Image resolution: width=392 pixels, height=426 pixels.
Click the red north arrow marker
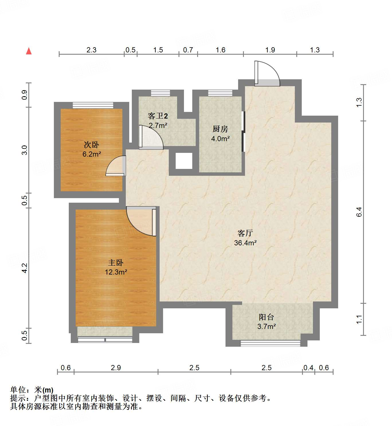(x=29, y=51)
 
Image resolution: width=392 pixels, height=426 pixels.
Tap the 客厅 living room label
(x=245, y=233)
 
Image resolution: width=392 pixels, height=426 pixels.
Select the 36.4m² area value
(x=245, y=243)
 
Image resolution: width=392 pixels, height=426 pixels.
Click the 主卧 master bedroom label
(x=116, y=263)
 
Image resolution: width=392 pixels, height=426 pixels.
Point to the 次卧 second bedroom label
(x=91, y=145)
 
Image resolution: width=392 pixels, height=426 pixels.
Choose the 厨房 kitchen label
(x=220, y=129)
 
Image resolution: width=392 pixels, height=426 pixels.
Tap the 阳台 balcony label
(x=266, y=317)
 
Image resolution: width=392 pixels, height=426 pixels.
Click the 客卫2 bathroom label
(x=158, y=116)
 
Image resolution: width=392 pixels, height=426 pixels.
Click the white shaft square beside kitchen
(x=184, y=161)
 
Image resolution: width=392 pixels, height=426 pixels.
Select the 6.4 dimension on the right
(x=359, y=212)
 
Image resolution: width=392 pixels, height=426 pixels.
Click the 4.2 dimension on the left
(x=25, y=268)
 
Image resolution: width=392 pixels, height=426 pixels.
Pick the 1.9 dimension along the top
(x=270, y=50)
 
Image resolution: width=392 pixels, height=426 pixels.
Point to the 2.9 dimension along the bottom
(x=116, y=368)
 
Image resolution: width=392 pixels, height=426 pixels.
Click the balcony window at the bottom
(x=270, y=343)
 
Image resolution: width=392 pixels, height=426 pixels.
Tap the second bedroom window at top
(x=93, y=105)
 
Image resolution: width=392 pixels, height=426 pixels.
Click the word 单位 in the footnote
(x=18, y=390)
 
